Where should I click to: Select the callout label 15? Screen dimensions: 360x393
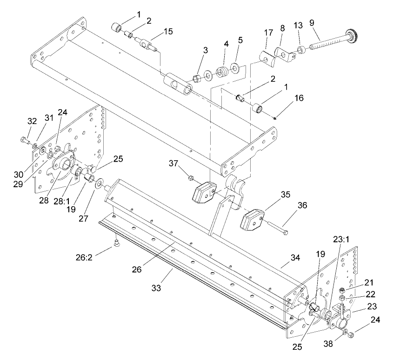click(x=168, y=31)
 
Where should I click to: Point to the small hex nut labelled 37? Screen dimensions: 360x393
click(x=189, y=178)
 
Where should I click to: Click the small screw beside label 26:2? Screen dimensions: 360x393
click(x=117, y=242)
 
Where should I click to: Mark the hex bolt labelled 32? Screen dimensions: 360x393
click(x=25, y=139)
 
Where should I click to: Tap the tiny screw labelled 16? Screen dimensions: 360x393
click(x=275, y=117)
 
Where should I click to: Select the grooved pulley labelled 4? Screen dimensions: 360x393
click(x=224, y=73)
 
